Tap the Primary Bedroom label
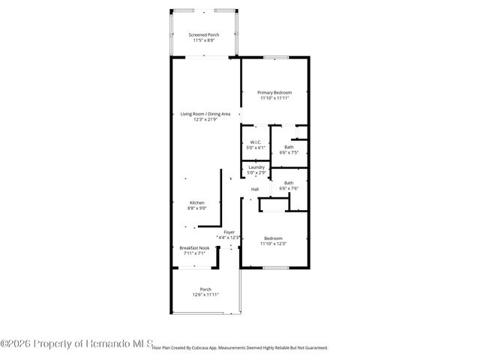(x=274, y=92)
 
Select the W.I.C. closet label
(x=255, y=142)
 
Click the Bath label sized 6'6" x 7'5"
(x=289, y=147)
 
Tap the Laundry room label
(x=256, y=168)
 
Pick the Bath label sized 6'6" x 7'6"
(x=289, y=183)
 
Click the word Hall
(x=255, y=189)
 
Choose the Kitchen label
(x=196, y=202)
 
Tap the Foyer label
(x=228, y=232)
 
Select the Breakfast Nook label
(x=194, y=248)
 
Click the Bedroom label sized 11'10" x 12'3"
(x=274, y=238)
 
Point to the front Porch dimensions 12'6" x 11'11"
(x=205, y=295)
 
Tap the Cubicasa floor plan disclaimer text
(x=240, y=348)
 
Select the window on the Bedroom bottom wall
(x=274, y=267)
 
